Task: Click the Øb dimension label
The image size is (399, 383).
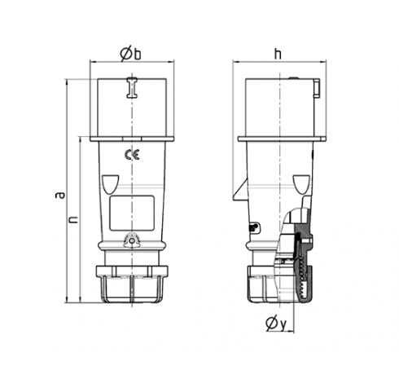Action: point(131,55)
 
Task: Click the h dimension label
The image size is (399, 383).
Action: point(278,54)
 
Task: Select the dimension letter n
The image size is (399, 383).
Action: point(73,219)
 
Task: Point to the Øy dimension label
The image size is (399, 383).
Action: point(276,324)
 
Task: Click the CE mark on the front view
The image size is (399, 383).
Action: point(132,155)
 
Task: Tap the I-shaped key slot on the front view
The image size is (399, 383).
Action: point(132,87)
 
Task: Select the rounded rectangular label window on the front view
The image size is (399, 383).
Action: point(132,213)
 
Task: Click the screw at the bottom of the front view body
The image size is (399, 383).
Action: point(132,240)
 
